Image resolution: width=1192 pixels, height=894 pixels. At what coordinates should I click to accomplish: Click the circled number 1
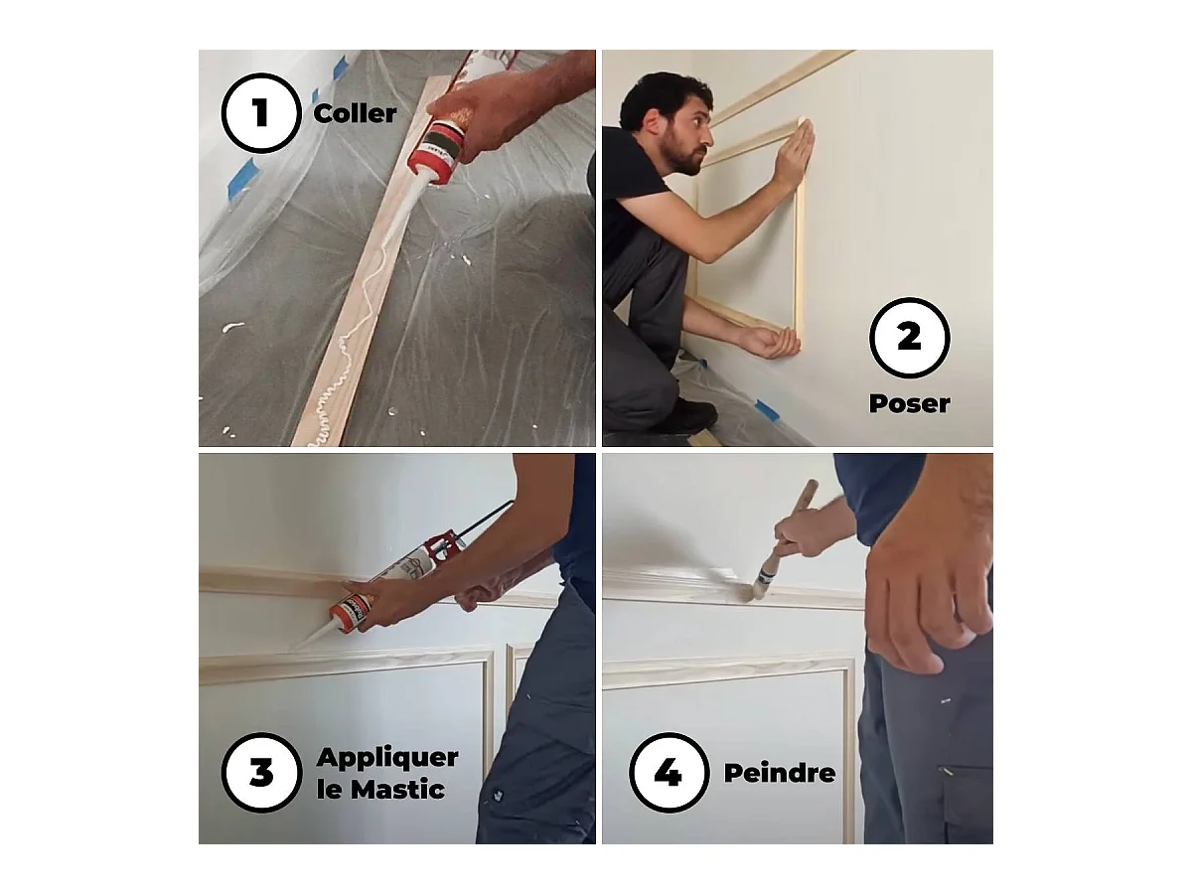260,112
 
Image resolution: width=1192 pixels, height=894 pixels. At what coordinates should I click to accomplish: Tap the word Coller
355,113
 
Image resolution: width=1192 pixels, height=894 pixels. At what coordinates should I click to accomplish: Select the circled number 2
909,338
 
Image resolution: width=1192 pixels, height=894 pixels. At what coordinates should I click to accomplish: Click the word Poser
909,403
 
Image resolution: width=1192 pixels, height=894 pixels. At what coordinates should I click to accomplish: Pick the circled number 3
260,772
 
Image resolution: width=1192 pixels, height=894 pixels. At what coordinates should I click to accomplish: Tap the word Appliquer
387,757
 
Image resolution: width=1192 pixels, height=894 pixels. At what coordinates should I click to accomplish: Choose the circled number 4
668,772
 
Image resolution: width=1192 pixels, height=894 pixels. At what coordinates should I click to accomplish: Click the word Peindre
779,773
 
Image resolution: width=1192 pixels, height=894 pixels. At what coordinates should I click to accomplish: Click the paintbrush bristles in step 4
763,587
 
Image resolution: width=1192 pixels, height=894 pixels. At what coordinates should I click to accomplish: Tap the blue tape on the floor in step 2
766,407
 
